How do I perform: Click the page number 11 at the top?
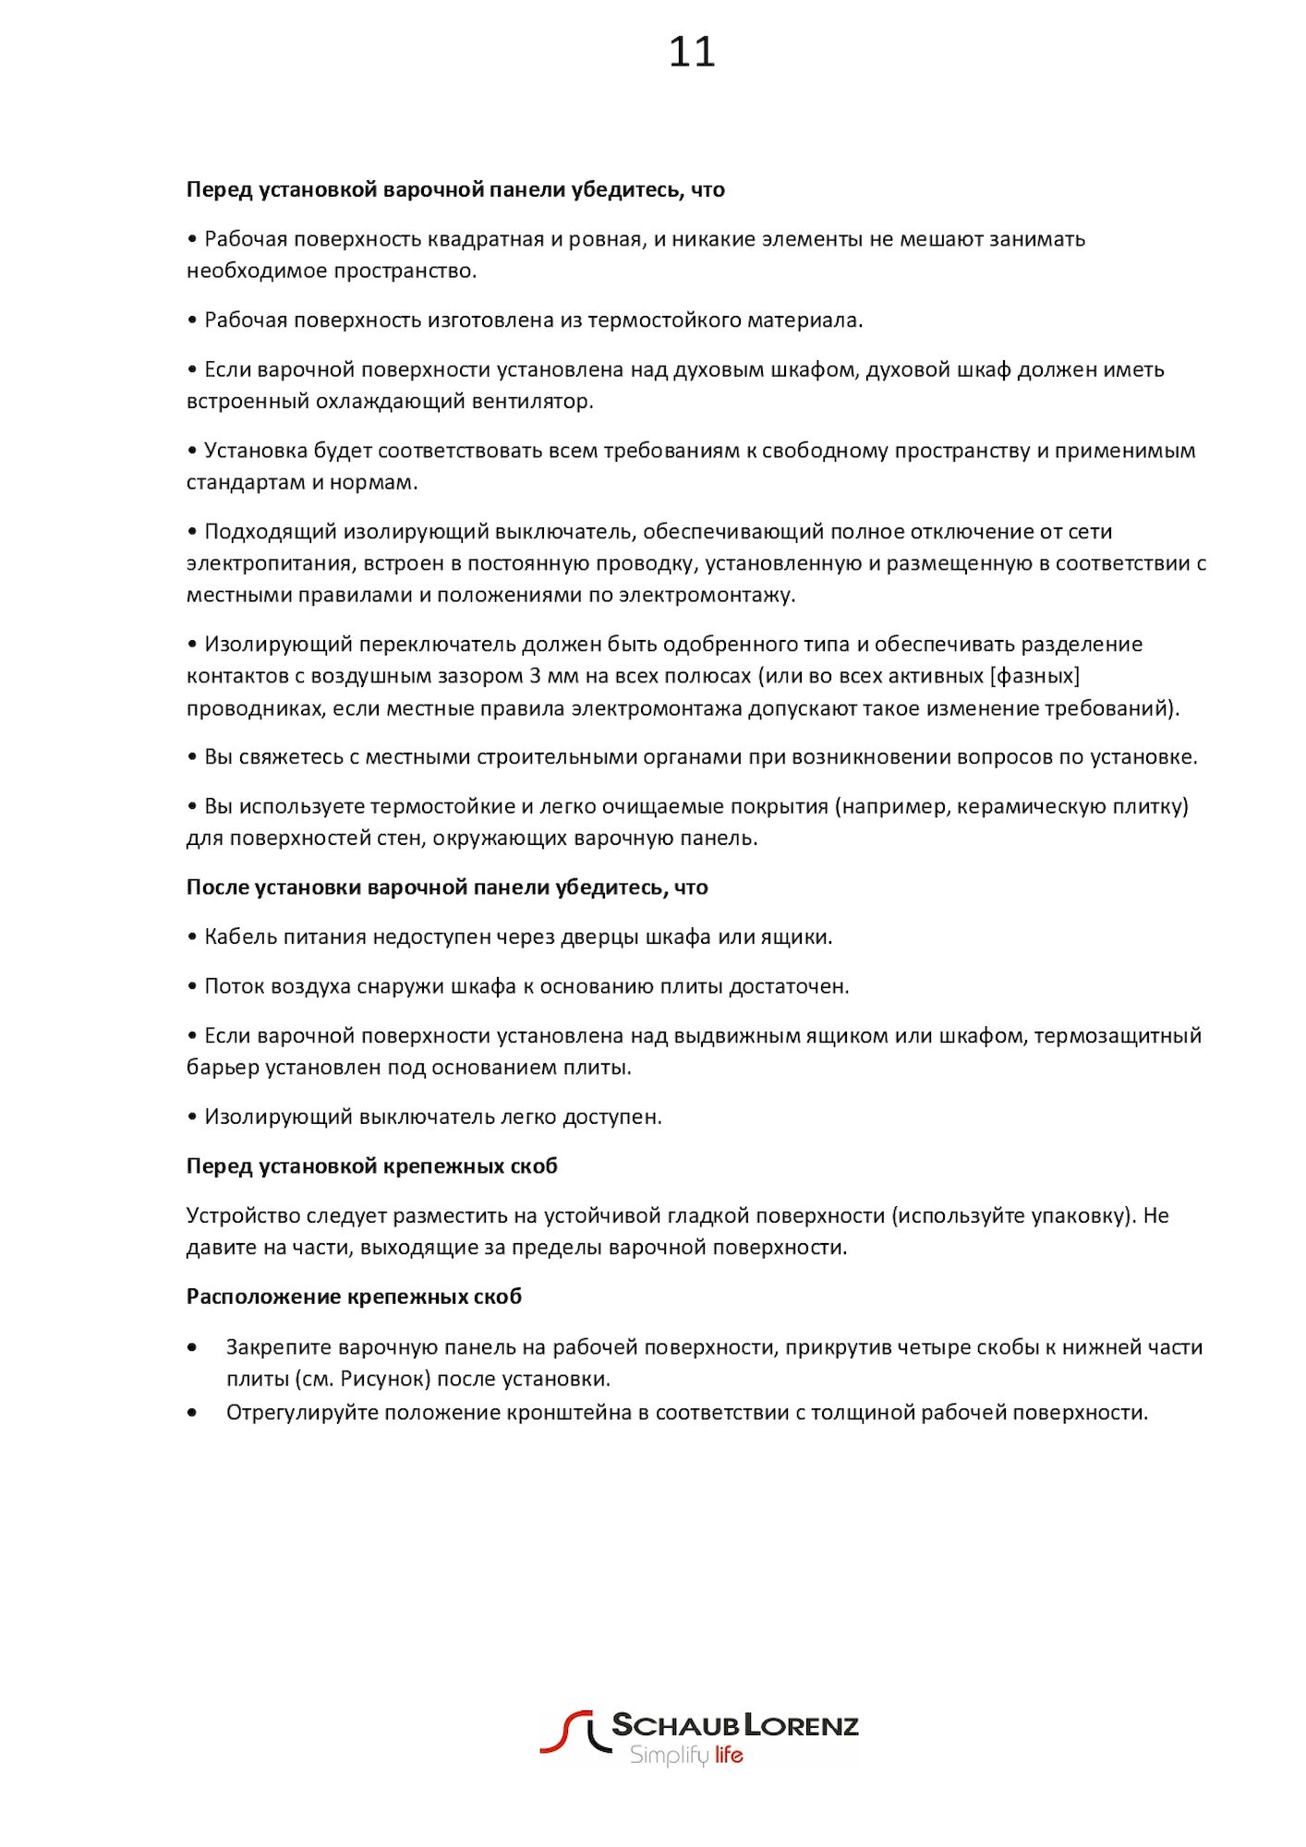[x=692, y=52]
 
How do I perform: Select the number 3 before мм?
[x=535, y=676]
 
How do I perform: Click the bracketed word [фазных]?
[x=1034, y=676]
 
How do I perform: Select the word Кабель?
[x=239, y=937]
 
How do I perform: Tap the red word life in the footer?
[x=729, y=1756]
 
